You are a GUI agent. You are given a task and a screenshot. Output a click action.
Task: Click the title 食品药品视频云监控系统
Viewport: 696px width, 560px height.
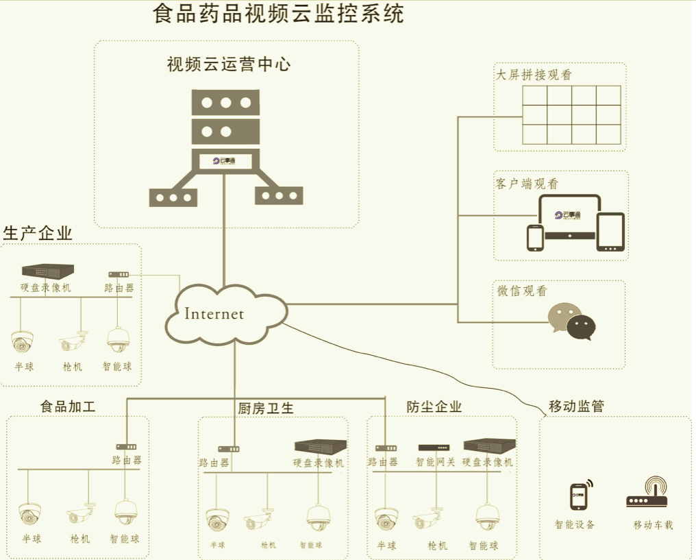(x=278, y=14)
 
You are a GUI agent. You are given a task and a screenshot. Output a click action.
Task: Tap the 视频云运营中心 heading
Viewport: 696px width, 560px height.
(x=228, y=65)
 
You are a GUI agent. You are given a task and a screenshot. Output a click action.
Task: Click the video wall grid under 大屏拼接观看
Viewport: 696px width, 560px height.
(x=571, y=114)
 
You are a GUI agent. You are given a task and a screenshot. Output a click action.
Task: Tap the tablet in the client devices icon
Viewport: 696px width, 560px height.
(x=610, y=232)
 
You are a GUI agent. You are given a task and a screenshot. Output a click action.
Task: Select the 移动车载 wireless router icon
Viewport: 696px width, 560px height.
(x=647, y=494)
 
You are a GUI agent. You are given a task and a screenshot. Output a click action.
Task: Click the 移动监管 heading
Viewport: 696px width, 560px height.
(x=576, y=406)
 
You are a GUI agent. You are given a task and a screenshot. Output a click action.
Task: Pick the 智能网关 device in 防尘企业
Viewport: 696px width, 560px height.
(x=434, y=448)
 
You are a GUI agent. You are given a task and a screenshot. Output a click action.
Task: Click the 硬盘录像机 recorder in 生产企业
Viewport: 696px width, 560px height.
(x=47, y=271)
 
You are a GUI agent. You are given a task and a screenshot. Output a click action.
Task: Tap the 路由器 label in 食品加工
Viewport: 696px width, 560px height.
(x=127, y=461)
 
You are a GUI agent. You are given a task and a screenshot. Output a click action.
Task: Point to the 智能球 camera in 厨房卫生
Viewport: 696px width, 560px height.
(x=317, y=518)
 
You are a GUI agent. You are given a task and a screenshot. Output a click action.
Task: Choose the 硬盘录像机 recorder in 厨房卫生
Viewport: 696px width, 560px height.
(x=320, y=446)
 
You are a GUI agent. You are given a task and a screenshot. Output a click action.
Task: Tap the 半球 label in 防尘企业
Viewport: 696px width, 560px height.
(x=387, y=546)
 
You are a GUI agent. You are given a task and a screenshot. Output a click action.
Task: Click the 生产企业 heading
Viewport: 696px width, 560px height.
(x=38, y=233)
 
